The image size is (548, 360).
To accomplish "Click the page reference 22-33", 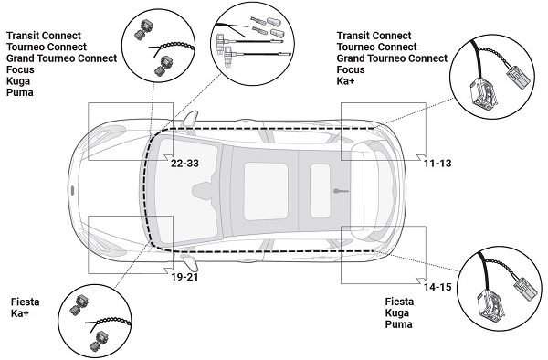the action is point(184,164).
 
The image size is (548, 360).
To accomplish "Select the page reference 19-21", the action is point(184,277).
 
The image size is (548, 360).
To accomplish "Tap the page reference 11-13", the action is point(437,164).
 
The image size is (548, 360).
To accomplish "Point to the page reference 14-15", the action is point(437,287).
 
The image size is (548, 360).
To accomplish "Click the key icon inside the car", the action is point(341,191).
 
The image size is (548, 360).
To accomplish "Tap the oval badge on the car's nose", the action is point(72,190).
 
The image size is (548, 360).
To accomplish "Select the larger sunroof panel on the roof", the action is point(266,191).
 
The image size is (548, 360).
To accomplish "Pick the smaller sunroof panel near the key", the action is point(320,191).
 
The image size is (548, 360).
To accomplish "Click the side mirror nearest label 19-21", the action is point(190,262).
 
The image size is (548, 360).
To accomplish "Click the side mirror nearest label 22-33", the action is point(191,118).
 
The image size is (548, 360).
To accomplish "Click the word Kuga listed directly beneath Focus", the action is point(18,81).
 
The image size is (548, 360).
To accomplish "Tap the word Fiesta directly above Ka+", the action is point(25,302).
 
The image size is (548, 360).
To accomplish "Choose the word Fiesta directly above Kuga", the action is point(399,302).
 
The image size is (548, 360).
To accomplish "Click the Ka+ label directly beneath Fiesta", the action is point(19,313).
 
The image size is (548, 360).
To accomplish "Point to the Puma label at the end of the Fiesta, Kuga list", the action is point(398,324).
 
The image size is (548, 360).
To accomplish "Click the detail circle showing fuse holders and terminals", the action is point(253,44).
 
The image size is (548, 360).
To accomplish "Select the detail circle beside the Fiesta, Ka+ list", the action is point(96,322).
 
